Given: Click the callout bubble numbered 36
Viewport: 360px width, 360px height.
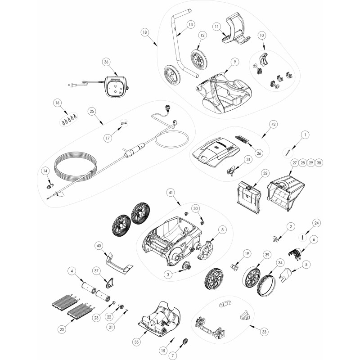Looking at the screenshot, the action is [x=106, y=62].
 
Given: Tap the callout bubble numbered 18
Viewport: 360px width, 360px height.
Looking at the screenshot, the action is [x=144, y=32].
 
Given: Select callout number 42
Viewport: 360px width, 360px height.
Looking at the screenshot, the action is [x=273, y=124].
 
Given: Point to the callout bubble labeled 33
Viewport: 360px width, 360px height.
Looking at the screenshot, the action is [x=264, y=332].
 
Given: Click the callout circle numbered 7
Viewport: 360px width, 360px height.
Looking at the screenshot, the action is [x=172, y=355].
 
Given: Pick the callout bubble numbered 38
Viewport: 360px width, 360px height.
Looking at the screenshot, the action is [x=319, y=163].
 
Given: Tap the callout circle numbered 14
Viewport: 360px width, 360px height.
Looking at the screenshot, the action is [x=45, y=171].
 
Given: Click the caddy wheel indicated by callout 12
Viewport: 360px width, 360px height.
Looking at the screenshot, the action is [x=199, y=58].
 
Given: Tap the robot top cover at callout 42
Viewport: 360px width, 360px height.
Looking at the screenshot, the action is [x=216, y=153].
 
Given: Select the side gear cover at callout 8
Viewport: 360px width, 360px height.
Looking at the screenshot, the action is [x=206, y=250].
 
